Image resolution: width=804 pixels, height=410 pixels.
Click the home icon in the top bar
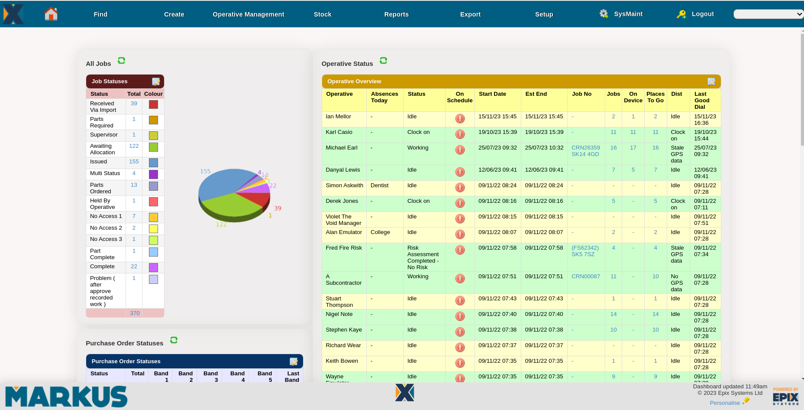pos(51,14)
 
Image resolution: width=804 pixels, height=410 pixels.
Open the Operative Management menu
pos(248,14)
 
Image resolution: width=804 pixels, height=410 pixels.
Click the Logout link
pos(702,14)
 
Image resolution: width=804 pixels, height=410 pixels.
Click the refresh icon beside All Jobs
pos(122,61)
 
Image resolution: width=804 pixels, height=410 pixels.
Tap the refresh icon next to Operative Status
pos(383,61)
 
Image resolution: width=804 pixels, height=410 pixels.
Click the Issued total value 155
pos(134,162)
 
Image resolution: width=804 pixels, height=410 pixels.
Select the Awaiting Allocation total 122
pos(134,146)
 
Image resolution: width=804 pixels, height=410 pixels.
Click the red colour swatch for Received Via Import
pos(153,104)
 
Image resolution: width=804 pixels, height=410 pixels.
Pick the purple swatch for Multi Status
pos(153,174)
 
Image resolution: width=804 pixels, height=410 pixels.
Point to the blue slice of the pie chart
pos(221,182)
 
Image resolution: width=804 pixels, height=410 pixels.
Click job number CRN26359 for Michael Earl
pos(585,148)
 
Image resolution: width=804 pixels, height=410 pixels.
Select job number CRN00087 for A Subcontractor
pos(585,277)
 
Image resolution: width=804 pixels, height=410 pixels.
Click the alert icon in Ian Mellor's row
pos(460,118)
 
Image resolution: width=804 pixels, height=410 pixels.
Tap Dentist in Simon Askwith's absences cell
pos(379,185)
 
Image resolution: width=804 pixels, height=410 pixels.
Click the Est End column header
pos(536,94)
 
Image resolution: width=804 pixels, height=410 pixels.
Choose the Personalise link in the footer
pos(725,403)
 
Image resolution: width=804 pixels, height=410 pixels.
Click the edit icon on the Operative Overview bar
pos(711,81)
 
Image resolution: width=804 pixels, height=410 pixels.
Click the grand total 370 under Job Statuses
pos(135,313)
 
